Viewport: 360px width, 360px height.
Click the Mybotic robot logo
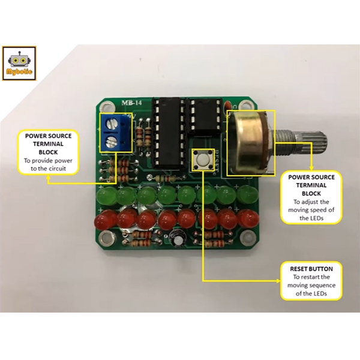(x=19, y=63)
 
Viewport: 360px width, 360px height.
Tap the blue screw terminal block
(x=115, y=132)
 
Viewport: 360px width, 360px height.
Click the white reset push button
(x=202, y=160)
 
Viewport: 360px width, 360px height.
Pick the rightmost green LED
(x=246, y=195)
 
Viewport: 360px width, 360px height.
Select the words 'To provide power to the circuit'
(x=48, y=165)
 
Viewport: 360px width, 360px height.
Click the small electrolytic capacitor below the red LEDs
(x=178, y=238)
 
